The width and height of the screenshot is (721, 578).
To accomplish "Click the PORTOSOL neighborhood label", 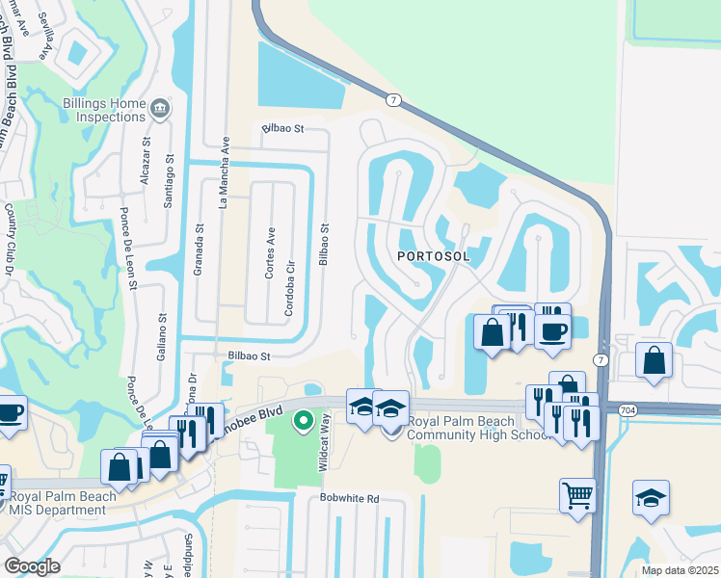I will [434, 255].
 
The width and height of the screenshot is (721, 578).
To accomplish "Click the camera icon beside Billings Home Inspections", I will [160, 109].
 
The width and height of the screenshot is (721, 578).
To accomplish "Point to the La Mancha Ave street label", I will [224, 171].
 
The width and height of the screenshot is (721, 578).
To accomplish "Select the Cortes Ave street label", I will [271, 253].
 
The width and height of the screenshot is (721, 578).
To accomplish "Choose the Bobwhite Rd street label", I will [350, 499].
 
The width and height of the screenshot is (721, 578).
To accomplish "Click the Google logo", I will [32, 566].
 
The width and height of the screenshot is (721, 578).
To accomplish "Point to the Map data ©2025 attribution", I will [680, 570].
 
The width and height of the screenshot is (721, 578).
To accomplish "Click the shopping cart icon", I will [577, 494].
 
